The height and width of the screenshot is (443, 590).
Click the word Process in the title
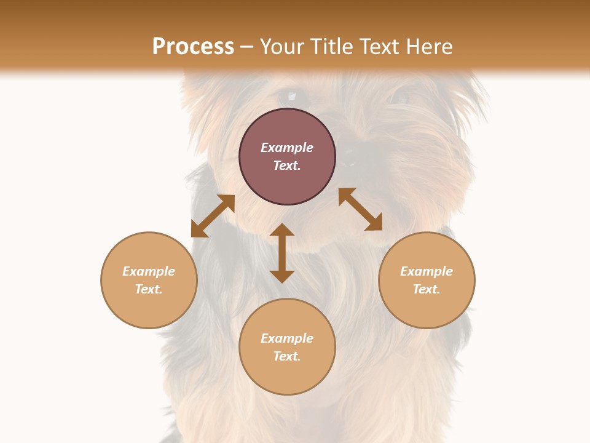tap(193, 46)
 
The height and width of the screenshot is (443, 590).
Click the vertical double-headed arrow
tap(282, 253)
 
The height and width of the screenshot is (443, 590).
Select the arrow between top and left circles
tap(213, 215)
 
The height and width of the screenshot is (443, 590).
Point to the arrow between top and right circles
tap(360, 209)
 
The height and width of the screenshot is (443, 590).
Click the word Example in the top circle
tap(287, 148)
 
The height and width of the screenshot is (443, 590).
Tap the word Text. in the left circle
tap(149, 289)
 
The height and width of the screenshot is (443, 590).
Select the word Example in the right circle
tap(427, 271)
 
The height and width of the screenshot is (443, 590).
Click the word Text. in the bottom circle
tap(287, 356)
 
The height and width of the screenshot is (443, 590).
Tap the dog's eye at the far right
tap(400, 96)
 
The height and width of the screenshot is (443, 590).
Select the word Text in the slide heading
tap(376, 46)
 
